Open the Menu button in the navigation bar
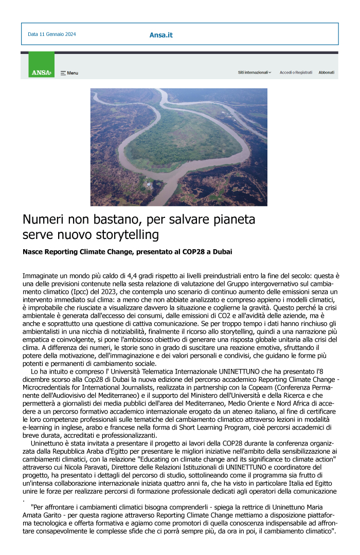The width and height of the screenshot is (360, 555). [x=69, y=73]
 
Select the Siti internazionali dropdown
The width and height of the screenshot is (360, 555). [x=255, y=72]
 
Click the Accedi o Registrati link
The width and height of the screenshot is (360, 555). [x=296, y=72]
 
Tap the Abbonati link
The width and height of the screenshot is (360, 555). [x=326, y=72]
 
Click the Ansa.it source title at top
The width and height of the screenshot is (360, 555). [x=161, y=35]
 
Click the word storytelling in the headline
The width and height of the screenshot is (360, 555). [x=129, y=235]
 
